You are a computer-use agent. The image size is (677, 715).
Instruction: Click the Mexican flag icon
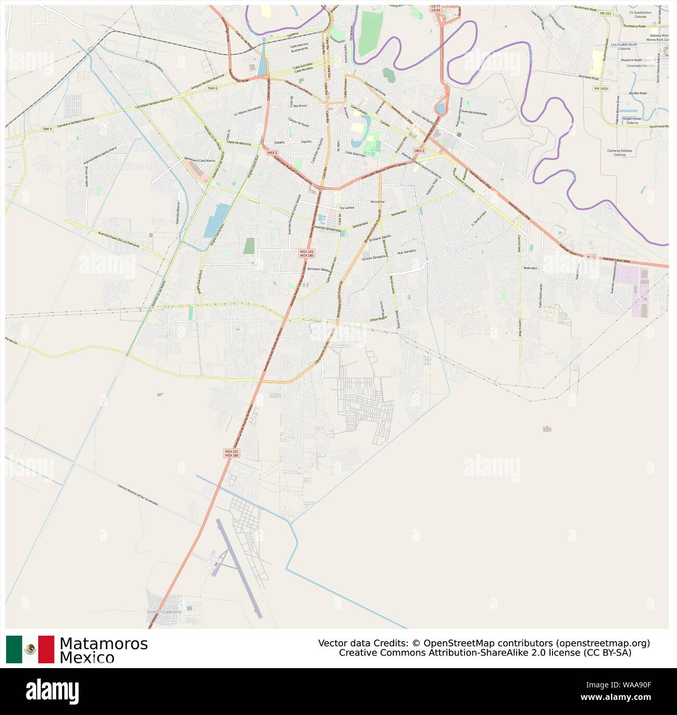(x=30, y=649)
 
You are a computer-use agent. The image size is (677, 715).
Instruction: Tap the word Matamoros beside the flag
(x=103, y=644)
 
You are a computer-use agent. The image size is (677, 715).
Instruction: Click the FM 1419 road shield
(x=600, y=89)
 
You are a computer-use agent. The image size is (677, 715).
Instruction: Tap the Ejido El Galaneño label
(x=164, y=611)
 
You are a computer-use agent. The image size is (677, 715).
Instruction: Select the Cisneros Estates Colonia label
(x=619, y=153)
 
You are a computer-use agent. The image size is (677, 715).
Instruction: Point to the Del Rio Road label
(x=637, y=93)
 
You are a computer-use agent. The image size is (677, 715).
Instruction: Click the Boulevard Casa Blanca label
(x=200, y=160)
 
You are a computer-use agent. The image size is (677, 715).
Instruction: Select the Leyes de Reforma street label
(x=239, y=143)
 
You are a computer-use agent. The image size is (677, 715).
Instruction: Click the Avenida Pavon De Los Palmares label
(x=119, y=240)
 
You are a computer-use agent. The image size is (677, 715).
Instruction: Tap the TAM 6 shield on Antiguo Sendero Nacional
(x=212, y=89)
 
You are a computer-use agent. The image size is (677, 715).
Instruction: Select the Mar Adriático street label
(x=408, y=252)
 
